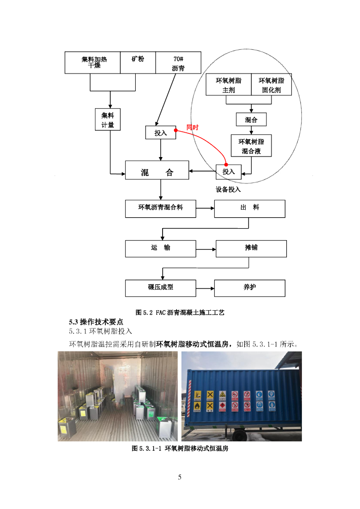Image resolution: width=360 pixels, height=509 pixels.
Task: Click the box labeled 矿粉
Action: click(x=138, y=63)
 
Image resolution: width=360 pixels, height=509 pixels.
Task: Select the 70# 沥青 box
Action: click(x=178, y=63)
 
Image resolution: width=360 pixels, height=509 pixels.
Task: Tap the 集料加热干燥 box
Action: click(x=92, y=63)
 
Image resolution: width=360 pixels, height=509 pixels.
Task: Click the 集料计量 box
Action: click(x=108, y=119)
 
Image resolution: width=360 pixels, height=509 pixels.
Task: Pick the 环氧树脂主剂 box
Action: click(x=228, y=85)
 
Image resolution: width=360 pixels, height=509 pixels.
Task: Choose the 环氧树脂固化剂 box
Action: click(x=271, y=85)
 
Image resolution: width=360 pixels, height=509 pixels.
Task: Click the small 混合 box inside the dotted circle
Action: click(x=251, y=120)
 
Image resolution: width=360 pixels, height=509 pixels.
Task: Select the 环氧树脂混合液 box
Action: click(x=251, y=146)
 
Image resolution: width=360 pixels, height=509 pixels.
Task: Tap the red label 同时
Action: click(x=192, y=127)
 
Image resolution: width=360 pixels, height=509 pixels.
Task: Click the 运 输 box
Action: click(x=160, y=248)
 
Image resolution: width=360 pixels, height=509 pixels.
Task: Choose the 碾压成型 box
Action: click(x=160, y=288)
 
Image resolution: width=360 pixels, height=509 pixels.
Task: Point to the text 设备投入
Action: click(x=228, y=189)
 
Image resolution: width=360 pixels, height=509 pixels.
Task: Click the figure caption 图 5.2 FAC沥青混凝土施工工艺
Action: click(x=180, y=313)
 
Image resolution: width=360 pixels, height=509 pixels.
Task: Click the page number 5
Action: click(x=180, y=477)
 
